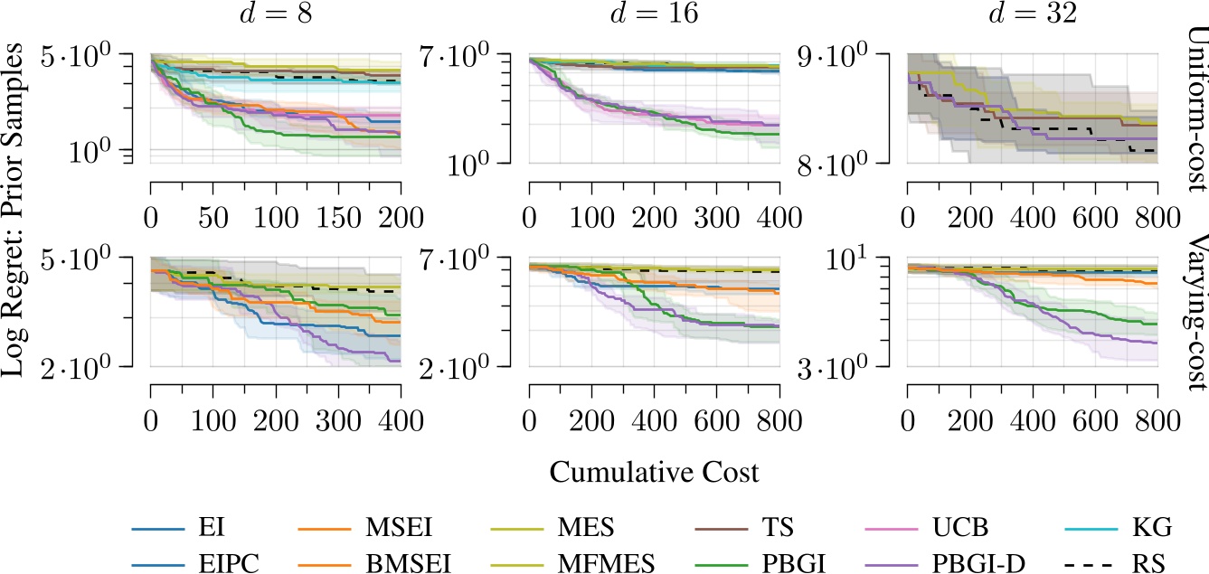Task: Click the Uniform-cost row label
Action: (1195, 108)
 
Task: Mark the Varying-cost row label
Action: (1195, 312)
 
